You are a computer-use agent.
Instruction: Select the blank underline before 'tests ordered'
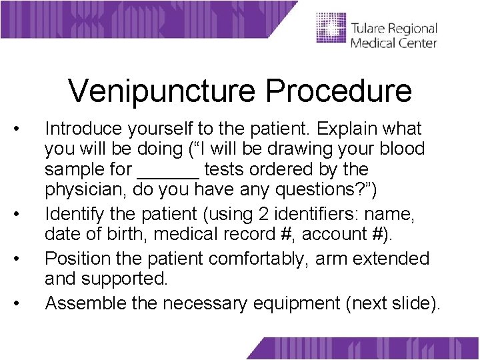(167, 170)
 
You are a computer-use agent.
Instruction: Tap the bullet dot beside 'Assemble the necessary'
(23, 304)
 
